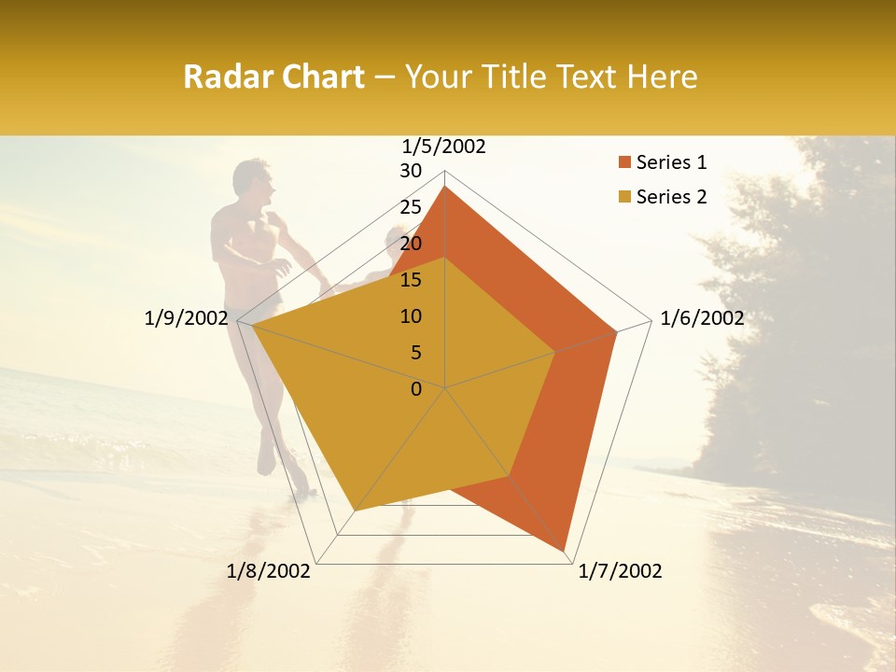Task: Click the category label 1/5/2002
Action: pyautogui.click(x=444, y=146)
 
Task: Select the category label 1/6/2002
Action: pyautogui.click(x=702, y=318)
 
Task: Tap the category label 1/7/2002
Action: pyautogui.click(x=620, y=571)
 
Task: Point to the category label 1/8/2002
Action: pyautogui.click(x=269, y=571)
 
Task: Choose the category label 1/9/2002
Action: pyautogui.click(x=186, y=318)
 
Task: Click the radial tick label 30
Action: pyautogui.click(x=411, y=171)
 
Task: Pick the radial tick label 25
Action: pyautogui.click(x=411, y=207)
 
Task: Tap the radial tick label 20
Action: pyautogui.click(x=411, y=244)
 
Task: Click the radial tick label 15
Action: pyautogui.click(x=411, y=280)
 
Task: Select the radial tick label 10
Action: pyautogui.click(x=411, y=316)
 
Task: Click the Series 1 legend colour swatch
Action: pyautogui.click(x=624, y=163)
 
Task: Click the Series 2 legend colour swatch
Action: pyautogui.click(x=624, y=197)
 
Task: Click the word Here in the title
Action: pyautogui.click(x=662, y=77)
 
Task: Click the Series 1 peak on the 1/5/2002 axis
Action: pyautogui.click(x=445, y=188)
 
